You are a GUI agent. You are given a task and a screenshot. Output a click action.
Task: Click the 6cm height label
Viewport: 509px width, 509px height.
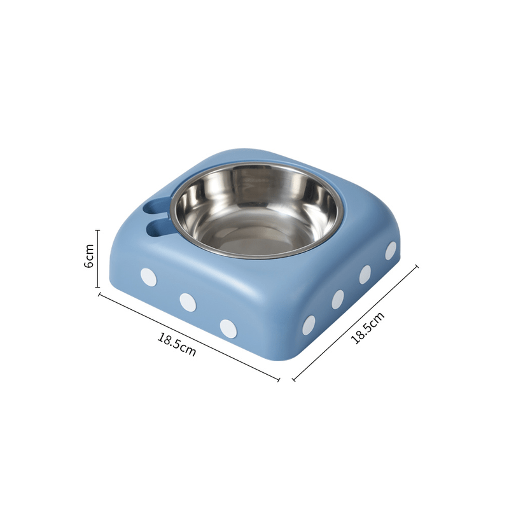88,256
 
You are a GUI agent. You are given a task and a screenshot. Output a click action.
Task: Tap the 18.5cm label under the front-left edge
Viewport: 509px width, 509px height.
177,344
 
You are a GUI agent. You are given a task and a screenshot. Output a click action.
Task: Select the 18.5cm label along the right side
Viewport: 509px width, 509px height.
368,327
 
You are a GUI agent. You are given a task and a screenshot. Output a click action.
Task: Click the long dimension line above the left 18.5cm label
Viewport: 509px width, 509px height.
189,337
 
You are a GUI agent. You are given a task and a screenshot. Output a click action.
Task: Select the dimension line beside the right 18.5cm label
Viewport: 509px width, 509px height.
355,323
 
